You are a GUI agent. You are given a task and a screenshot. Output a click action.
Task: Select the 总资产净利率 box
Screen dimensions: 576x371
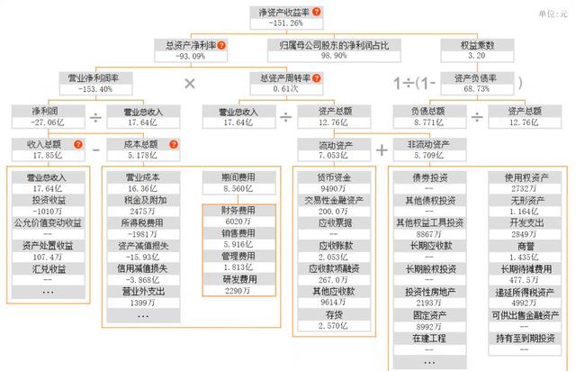(x=192, y=50)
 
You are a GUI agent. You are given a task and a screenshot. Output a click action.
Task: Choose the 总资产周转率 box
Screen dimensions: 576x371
(x=284, y=83)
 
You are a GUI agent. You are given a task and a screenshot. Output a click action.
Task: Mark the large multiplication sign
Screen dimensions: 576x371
(x=190, y=84)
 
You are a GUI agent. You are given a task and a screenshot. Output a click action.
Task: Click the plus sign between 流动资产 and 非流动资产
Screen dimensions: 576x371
(x=382, y=149)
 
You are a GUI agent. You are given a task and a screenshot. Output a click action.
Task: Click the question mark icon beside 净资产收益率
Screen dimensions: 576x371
(x=317, y=11)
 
